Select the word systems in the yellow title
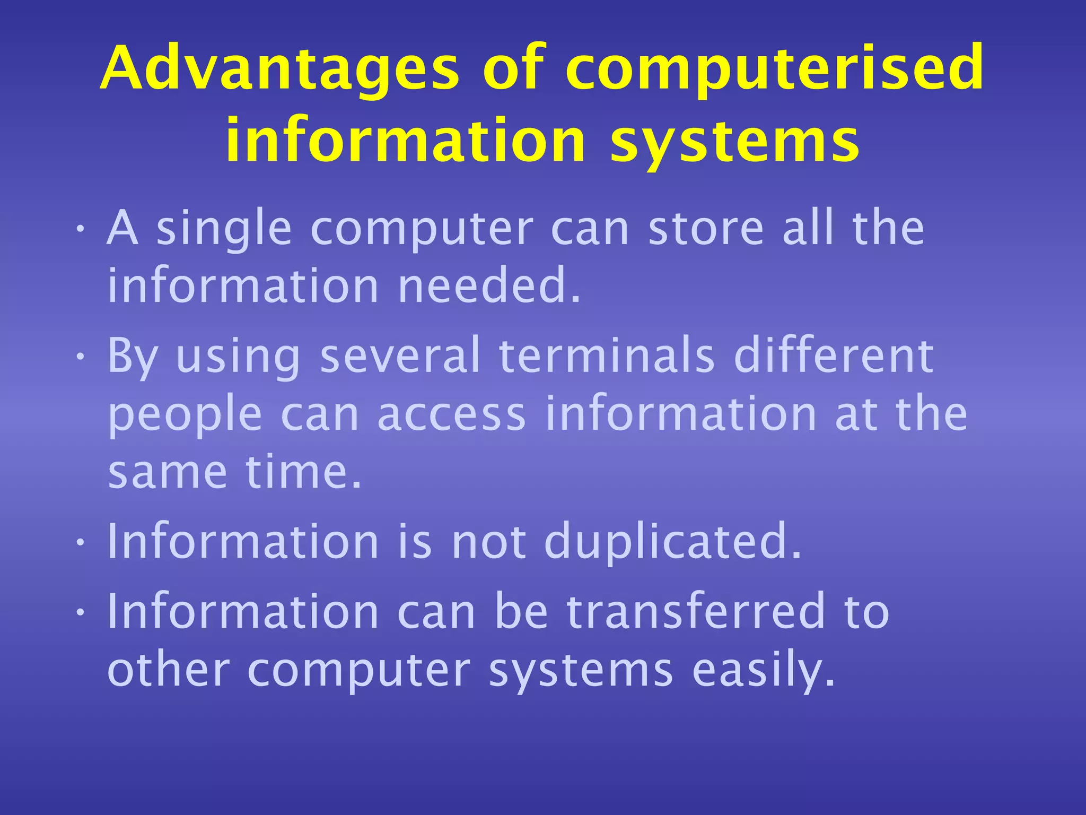pyautogui.click(x=735, y=141)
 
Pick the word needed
pyautogui.click(x=489, y=287)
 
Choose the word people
pyautogui.click(x=185, y=415)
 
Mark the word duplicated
pyautogui.click(x=672, y=542)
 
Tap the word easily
pyautogui.click(x=764, y=671)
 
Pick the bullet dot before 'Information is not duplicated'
pyautogui.click(x=80, y=543)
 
